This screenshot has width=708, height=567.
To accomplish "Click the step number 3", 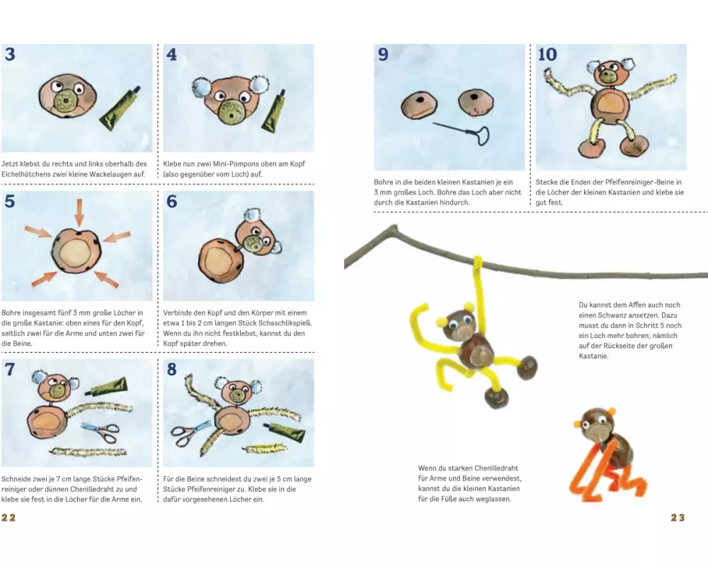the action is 10,55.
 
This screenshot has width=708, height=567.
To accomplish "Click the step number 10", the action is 547,55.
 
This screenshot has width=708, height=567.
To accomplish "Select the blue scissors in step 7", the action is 101,432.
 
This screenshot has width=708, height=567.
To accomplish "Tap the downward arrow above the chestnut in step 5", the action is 79,212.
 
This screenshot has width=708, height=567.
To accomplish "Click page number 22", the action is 8,517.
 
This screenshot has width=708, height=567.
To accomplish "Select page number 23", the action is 678,517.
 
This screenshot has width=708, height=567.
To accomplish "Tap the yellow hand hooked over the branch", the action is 478,263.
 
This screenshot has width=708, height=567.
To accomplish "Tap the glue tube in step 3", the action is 120,108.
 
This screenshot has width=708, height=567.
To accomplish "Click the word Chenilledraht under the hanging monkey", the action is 496,468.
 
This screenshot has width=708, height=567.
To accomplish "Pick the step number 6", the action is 171,201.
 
